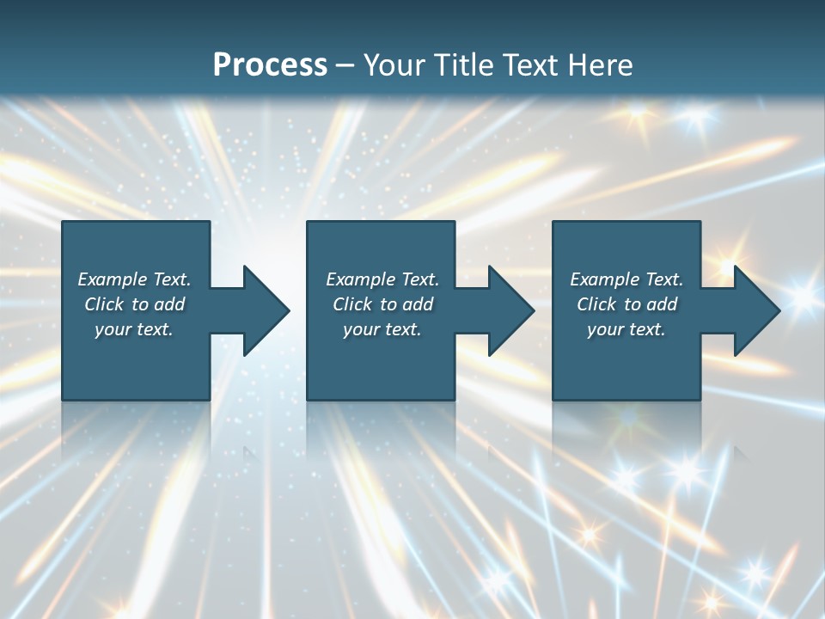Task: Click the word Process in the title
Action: click(270, 65)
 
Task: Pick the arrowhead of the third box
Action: click(755, 310)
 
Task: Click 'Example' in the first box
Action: click(112, 279)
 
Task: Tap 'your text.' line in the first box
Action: click(134, 329)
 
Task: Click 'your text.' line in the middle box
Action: click(382, 329)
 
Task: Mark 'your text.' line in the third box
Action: click(626, 329)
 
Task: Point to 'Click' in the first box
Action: click(104, 304)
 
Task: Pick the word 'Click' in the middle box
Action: click(352, 304)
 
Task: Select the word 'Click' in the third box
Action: click(596, 304)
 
